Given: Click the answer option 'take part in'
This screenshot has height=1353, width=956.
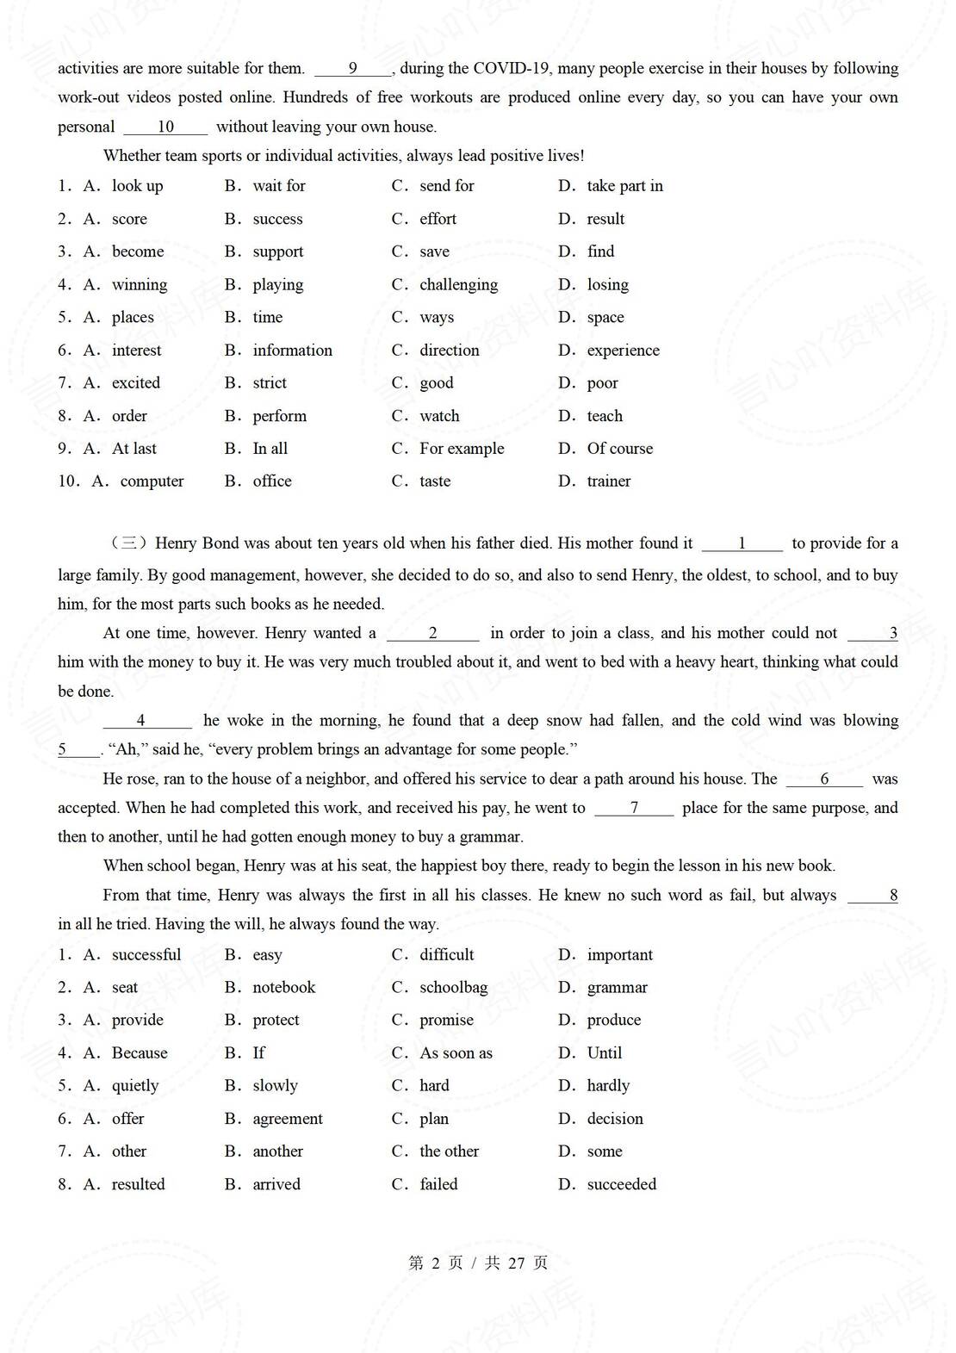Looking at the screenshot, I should point(624,186).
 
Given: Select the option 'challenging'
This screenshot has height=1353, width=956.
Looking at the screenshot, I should point(458,284).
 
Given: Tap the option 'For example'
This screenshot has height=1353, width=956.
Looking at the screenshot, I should point(462,449).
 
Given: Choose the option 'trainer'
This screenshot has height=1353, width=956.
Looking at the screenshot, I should point(608,481).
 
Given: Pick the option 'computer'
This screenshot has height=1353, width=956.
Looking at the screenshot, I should point(152,481).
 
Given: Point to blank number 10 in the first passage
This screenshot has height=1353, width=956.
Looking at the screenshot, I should point(165,127).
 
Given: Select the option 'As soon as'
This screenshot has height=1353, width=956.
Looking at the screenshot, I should point(456,1053).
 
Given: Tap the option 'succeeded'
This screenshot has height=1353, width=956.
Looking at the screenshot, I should point(621,1184).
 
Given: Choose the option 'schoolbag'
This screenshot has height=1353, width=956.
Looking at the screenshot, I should point(453,988).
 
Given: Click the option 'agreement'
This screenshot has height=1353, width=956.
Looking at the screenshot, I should point(288,1119).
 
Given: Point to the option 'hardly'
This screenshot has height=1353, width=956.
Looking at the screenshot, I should point(608,1086).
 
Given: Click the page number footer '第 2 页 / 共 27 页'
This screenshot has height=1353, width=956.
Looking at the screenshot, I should point(478,1263).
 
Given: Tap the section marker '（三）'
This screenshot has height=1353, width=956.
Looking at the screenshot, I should point(129,543).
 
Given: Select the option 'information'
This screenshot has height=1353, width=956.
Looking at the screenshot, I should point(292,351).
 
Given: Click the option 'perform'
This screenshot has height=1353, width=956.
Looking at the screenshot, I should point(279,416).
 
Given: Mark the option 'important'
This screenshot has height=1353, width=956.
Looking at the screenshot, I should point(619,955).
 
